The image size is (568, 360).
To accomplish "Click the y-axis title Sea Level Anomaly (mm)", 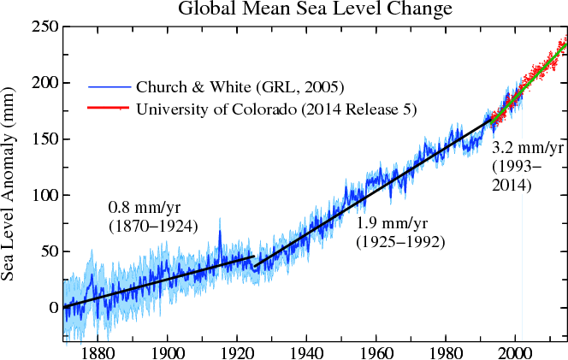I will tap(11, 184).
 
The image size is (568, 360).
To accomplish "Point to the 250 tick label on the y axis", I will tap(42, 27).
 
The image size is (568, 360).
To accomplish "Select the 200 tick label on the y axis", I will tap(42, 83).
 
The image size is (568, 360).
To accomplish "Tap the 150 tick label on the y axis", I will tap(42, 139).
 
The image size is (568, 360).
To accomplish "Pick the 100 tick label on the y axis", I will tap(42, 195).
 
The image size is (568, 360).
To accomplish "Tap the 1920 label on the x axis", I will tap(236, 350).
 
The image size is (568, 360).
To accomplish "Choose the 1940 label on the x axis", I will tap(305, 350).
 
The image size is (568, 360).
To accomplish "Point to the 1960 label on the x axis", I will tap(376, 350).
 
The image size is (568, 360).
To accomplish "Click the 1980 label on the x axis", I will tap(445, 350).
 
